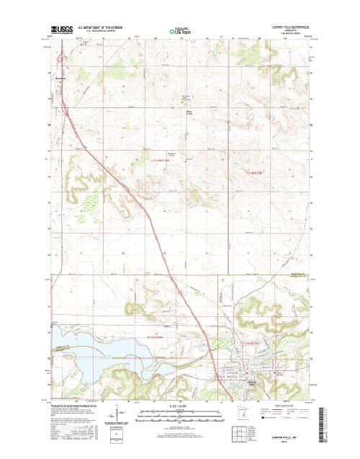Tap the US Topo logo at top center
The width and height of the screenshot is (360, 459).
(x=181, y=30)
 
